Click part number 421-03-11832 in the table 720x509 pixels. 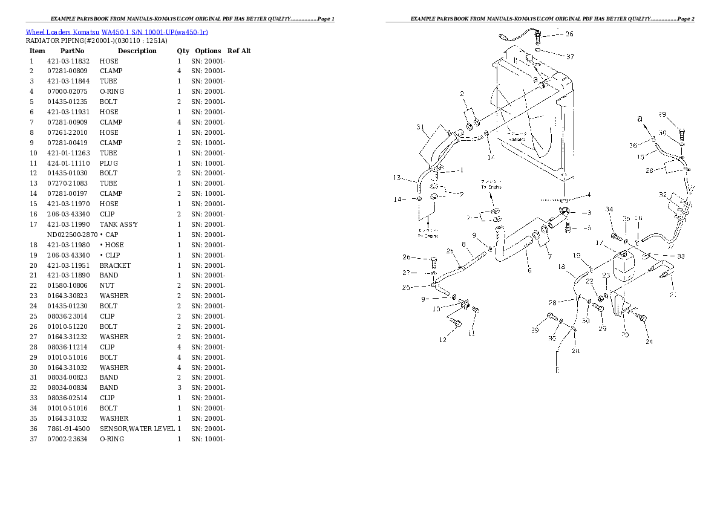pyautogui.click(x=68, y=61)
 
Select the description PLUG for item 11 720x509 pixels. pyautogui.click(x=109, y=163)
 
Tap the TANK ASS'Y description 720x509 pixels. pyautogui.click(x=119, y=224)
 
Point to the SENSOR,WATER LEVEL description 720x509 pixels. pyautogui.click(x=137, y=429)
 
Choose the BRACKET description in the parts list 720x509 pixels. pyautogui.click(x=115, y=265)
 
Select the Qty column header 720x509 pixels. pyautogui.click(x=183, y=51)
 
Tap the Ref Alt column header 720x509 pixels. pyautogui.click(x=239, y=51)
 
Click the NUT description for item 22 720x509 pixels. pyautogui.click(x=106, y=286)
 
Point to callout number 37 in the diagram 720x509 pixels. pyautogui.click(x=569, y=57)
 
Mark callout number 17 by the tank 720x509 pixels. pyautogui.click(x=599, y=243)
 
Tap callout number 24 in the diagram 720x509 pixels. pyautogui.click(x=649, y=342)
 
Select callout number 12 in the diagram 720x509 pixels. pyautogui.click(x=443, y=340)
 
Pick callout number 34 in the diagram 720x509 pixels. pyautogui.click(x=609, y=209)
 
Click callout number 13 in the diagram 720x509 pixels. pyautogui.click(x=397, y=178)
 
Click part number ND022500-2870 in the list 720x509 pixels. pyautogui.click(x=72, y=235)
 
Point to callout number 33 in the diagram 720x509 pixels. pyautogui.click(x=681, y=256)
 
